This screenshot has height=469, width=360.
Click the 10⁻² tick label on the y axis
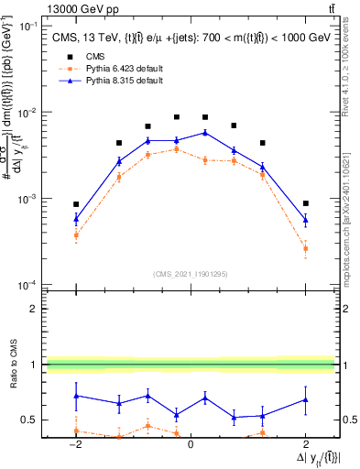click(x=30, y=113)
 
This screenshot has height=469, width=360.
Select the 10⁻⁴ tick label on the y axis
click(x=30, y=285)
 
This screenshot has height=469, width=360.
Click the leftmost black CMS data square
click(x=76, y=204)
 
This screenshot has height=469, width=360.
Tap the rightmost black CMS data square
click(x=305, y=203)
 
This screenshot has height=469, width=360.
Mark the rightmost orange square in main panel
click(x=305, y=248)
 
